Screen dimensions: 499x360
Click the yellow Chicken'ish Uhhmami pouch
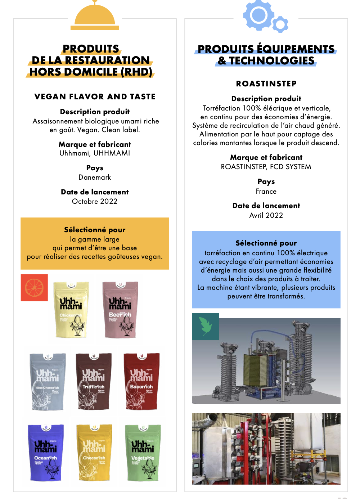pos(71,309)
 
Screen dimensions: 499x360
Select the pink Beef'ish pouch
pos(120,309)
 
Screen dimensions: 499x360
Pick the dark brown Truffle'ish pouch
pos(94,382)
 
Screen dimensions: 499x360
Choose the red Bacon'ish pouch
pos(141,382)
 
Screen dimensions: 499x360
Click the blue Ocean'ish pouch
pos(46,453)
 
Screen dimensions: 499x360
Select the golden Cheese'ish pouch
pos(94,453)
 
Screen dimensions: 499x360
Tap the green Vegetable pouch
pos(143,453)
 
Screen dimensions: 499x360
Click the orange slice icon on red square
pos(34,288)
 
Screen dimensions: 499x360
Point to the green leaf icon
pos(206,326)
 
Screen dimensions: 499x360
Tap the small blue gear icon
pos(280,24)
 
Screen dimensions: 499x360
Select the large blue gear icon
pos(258,15)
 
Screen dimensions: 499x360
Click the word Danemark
pos(95,177)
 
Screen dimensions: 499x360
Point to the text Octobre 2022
pos(95,201)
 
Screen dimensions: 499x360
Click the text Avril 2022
pos(266,215)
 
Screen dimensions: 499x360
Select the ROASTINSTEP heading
pos(266,84)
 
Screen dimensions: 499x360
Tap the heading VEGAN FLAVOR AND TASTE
pos(95,96)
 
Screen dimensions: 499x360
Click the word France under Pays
pos(266,191)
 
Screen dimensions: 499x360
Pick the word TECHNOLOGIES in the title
pos(272,60)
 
